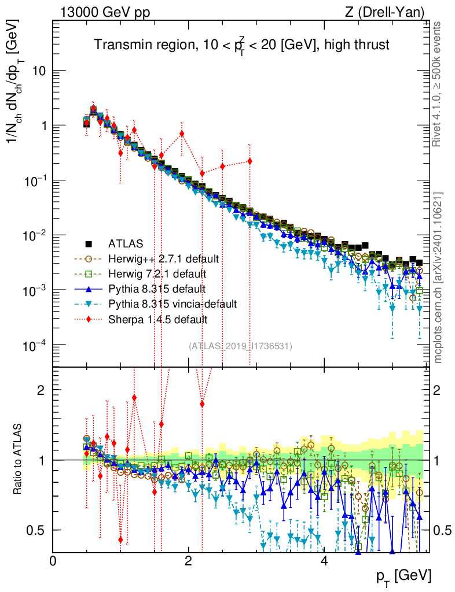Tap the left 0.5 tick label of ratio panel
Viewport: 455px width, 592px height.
pos(37,530)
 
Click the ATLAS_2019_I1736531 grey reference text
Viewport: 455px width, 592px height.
pos(240,346)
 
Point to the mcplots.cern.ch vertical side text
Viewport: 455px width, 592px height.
pos(439,277)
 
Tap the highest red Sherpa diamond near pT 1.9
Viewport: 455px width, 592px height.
pos(182,134)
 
